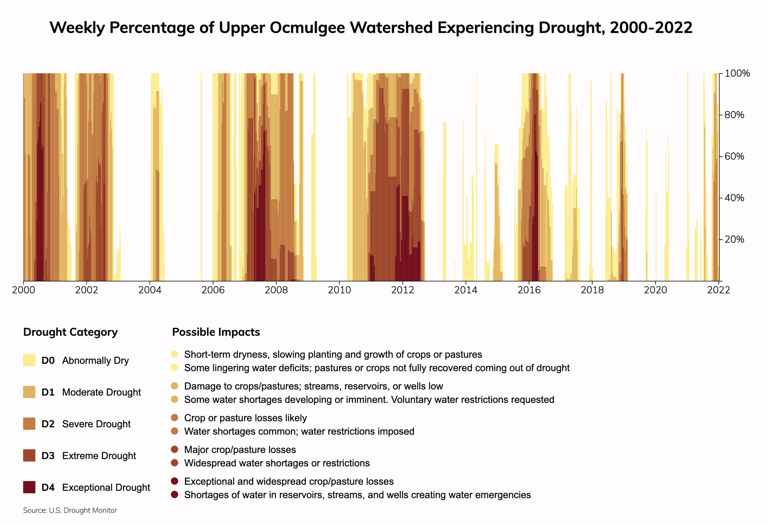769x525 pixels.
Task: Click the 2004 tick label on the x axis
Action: [150, 290]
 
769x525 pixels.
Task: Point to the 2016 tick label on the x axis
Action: [529, 290]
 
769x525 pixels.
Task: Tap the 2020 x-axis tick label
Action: [655, 290]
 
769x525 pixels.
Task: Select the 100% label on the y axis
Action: [737, 74]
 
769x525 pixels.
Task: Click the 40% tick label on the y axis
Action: [735, 198]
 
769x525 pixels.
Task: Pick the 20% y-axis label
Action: [735, 240]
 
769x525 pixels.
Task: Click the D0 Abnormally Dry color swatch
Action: [29, 361]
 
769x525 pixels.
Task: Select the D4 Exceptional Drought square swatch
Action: [29, 487]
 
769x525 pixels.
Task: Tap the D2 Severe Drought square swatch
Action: [29, 424]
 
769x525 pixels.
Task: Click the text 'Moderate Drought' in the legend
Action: [101, 392]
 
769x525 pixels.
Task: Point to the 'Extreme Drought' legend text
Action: [99, 456]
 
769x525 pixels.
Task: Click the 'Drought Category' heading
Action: [70, 332]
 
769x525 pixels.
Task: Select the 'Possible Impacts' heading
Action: [216, 332]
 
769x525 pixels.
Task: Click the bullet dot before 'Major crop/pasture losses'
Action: [174, 450]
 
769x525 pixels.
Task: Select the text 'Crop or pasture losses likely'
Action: [246, 418]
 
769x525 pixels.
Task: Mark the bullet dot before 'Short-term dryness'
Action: [174, 354]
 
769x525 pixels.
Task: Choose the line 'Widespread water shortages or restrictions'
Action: [277, 463]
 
